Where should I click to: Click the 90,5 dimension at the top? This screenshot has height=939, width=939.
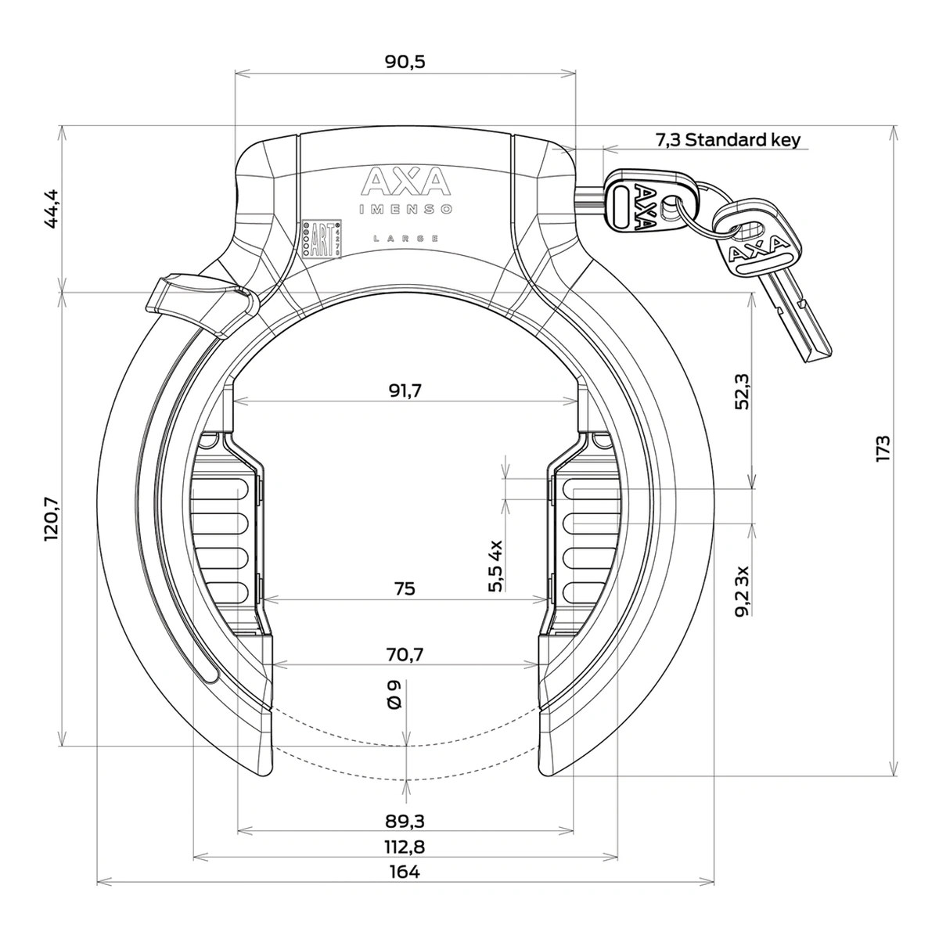405,62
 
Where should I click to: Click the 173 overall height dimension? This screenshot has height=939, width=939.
883,450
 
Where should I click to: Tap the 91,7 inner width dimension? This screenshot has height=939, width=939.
405,391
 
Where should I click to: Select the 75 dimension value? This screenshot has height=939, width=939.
405,588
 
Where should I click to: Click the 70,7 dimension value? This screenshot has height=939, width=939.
405,654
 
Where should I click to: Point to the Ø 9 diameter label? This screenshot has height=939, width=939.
394,695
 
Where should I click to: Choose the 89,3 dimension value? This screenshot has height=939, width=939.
405,820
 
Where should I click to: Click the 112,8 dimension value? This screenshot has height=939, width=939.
405,846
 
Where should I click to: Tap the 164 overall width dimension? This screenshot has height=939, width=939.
405,872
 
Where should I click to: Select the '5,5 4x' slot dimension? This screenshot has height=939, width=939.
495,565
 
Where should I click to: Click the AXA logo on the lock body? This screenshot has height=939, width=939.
405,182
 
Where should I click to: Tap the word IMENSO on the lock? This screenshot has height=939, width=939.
405,209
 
